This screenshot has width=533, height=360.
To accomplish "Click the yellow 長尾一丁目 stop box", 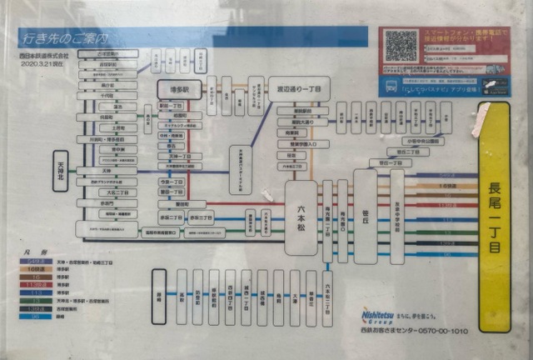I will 494,216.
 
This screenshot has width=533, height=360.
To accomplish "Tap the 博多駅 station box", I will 178,89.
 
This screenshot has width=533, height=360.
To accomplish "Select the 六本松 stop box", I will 301,216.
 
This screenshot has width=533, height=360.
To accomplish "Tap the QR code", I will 401,46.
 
